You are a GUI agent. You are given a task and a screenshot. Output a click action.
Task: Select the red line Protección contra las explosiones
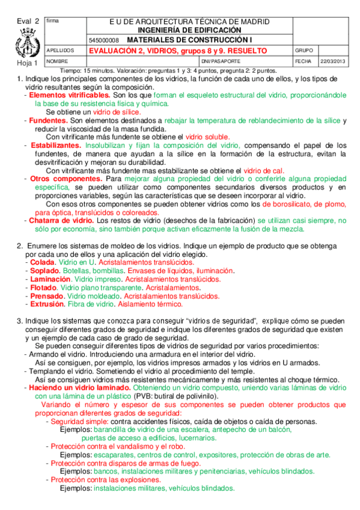coord(106,481)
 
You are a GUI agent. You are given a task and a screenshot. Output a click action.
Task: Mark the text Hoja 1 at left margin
coord(27,63)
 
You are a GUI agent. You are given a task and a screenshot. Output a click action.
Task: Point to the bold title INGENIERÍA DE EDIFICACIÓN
coord(189,29)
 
